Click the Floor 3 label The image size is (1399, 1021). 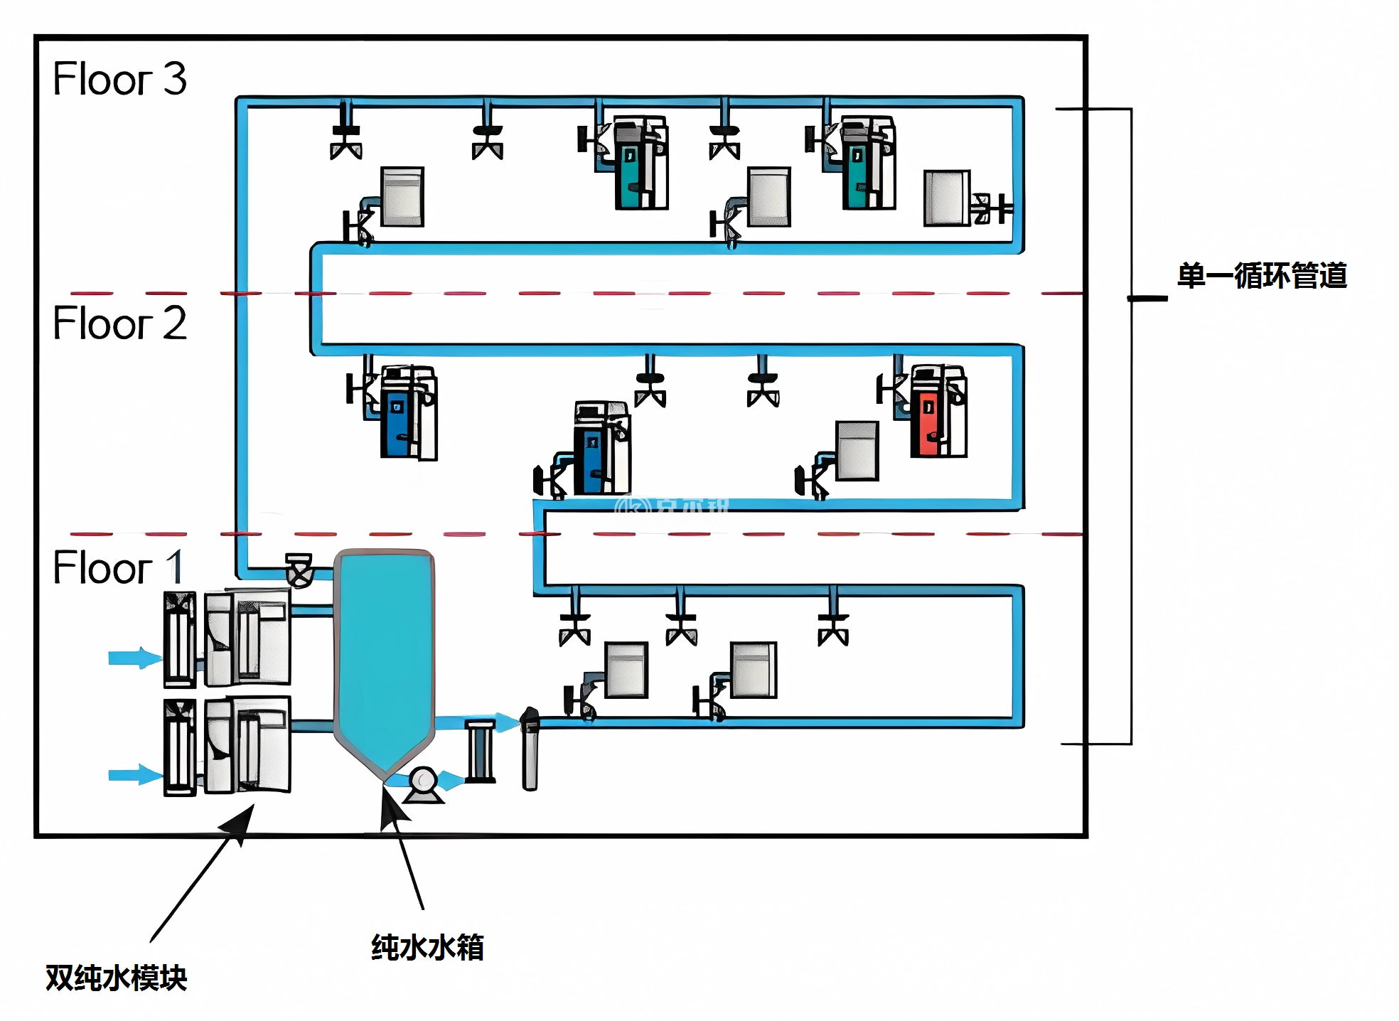pos(119,78)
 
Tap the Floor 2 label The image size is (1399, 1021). pos(119,324)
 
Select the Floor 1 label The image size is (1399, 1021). pos(118,567)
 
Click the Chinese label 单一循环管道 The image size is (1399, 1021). pos(1262,276)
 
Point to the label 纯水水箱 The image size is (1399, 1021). pos(427,948)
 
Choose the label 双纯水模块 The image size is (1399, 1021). pos(117,978)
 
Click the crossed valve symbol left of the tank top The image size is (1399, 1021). pos(299,570)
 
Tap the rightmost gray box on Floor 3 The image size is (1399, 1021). pos(947,198)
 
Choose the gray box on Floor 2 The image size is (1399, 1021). pos(857,451)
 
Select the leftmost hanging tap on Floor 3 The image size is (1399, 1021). pos(346,139)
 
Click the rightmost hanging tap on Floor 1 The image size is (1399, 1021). pos(833,626)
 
